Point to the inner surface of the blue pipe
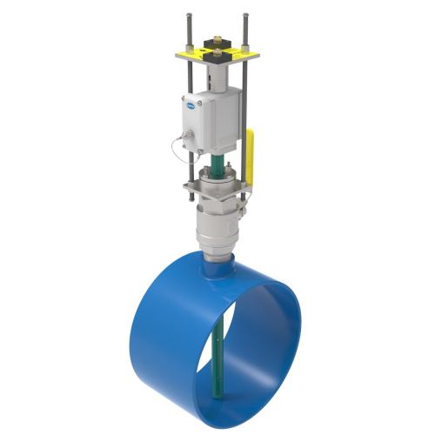pyautogui.click(x=261, y=339)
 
